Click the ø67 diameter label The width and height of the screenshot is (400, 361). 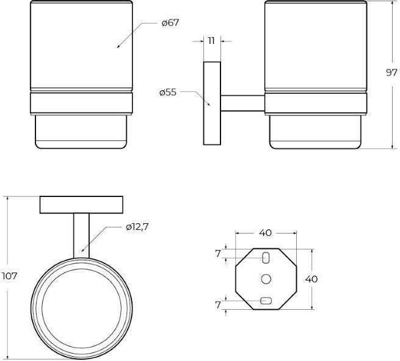click(x=170, y=23)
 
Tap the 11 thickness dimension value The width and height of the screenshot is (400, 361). click(x=211, y=41)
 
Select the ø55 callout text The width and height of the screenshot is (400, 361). click(x=168, y=92)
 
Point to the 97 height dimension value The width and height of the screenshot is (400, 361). click(x=391, y=73)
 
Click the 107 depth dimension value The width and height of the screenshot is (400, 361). click(x=9, y=276)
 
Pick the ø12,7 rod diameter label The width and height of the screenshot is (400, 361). click(x=137, y=227)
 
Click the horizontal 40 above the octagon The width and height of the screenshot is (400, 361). click(x=266, y=232)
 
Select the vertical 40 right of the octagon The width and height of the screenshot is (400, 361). click(x=311, y=279)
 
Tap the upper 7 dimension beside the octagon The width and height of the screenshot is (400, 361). click(x=217, y=254)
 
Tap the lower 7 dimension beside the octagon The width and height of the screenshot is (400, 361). click(x=217, y=305)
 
